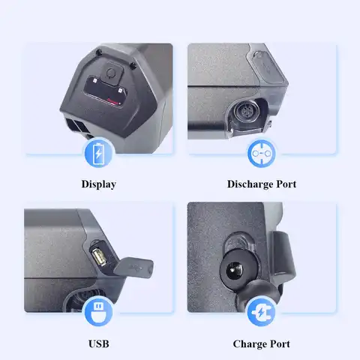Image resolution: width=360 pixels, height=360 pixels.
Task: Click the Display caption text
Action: [98, 184]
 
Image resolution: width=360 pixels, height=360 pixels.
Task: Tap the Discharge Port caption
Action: [261, 184]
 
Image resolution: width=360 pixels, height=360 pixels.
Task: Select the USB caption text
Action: [98, 344]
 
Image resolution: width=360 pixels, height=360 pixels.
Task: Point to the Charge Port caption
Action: [261, 344]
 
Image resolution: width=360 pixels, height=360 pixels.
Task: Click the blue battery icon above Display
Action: [98, 154]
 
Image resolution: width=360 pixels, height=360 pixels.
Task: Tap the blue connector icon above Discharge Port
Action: [262, 154]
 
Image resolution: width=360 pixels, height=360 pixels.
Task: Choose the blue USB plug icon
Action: [98, 313]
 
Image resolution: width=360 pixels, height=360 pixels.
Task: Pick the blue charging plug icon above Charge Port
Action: [262, 313]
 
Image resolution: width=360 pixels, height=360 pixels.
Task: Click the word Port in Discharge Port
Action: [284, 184]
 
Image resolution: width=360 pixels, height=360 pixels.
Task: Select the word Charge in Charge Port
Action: [249, 344]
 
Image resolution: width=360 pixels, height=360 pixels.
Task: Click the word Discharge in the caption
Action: [248, 184]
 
